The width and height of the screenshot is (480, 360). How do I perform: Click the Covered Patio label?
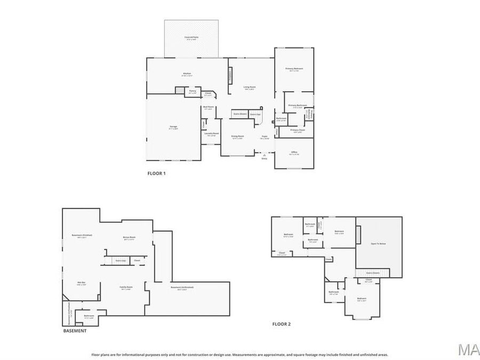[x=191, y=37]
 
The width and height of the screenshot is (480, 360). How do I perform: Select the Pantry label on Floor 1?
[x=193, y=91]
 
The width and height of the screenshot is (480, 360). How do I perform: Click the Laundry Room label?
[x=212, y=134]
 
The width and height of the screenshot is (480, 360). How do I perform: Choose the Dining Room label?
[x=237, y=137]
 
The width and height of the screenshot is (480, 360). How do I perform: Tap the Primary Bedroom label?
[x=294, y=69]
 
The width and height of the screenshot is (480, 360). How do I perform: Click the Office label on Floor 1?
[x=294, y=153]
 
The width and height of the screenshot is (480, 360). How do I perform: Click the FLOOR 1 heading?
[x=156, y=173]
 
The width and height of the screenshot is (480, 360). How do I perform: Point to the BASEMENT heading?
[x=75, y=331]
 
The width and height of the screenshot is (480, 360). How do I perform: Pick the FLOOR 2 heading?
[x=282, y=324]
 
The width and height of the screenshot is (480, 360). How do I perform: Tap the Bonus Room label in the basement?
[x=129, y=237]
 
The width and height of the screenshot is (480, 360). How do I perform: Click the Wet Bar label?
[x=81, y=283]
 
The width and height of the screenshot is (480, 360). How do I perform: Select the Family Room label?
[x=126, y=288]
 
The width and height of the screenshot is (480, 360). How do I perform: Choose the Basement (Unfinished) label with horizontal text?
[x=182, y=288]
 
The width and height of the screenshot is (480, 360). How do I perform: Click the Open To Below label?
[x=378, y=243]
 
